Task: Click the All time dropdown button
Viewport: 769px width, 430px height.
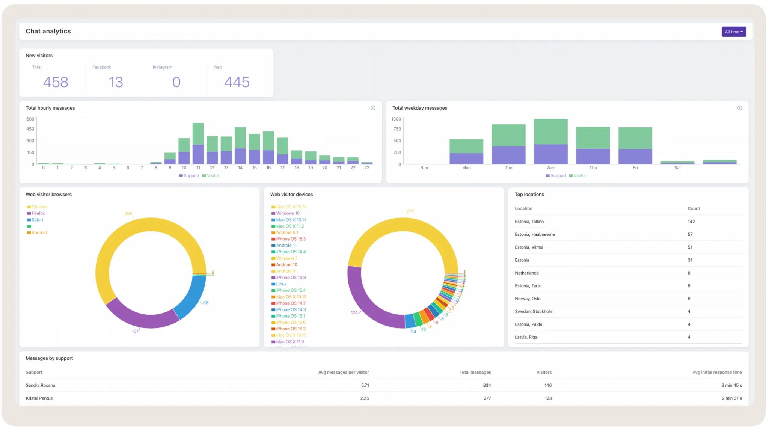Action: [x=733, y=32]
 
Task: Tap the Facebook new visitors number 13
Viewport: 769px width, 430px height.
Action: [x=116, y=82]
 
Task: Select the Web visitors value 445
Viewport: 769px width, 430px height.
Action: [x=237, y=82]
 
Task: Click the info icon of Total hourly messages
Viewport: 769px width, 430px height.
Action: [x=373, y=108]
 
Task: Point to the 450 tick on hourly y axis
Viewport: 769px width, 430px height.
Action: [x=30, y=129]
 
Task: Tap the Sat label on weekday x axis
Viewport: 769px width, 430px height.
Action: [x=677, y=168]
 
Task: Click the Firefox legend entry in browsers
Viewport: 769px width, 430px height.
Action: [x=38, y=213]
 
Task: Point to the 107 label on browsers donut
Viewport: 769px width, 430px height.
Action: [x=135, y=331]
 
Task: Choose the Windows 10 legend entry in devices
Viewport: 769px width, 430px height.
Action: [x=288, y=213]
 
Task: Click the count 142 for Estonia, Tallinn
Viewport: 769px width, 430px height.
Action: [x=691, y=222]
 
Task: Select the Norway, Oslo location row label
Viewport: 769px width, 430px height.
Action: [x=528, y=299]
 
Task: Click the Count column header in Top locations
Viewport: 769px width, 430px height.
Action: [x=694, y=208]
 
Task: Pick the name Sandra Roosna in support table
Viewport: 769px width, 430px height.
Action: [x=40, y=385]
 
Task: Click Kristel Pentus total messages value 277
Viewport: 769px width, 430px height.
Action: [x=487, y=398]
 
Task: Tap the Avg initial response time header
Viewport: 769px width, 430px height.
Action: [x=717, y=372]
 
